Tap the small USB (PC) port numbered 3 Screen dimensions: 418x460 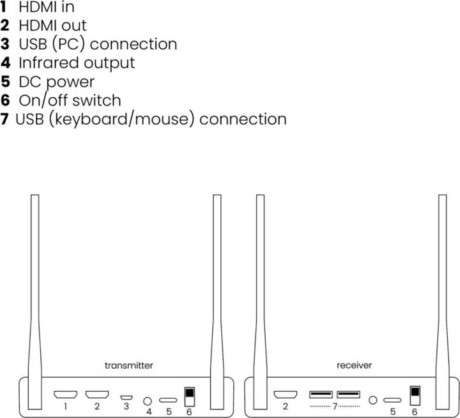tap(126, 398)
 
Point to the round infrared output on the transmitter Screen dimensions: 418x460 tap(148, 400)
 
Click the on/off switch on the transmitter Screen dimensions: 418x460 tap(189, 396)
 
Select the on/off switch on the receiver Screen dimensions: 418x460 tap(414, 396)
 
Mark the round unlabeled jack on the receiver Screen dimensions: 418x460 tap(373, 400)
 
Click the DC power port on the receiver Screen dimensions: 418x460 tap(393, 400)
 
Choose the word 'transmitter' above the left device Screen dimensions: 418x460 tap(128, 366)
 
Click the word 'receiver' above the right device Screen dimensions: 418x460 tap(354, 366)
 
